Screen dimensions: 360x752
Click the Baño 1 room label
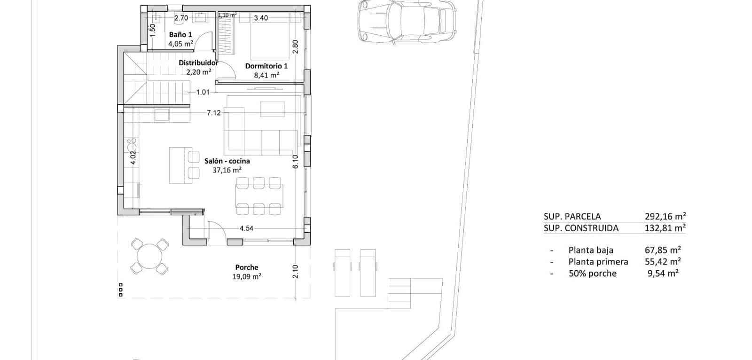coord(180,35)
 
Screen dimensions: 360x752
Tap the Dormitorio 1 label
coord(266,66)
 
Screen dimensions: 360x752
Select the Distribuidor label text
coord(198,63)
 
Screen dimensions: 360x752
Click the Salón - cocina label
coord(227,161)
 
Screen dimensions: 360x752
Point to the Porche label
coord(247,267)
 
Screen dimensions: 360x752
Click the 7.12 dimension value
coord(213,113)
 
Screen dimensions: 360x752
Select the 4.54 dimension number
coord(246,228)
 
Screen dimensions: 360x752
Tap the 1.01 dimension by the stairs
coord(203,92)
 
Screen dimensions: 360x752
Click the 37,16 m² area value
coord(227,170)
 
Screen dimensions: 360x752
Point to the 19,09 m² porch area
coord(247,277)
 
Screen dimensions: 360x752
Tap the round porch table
coord(149,256)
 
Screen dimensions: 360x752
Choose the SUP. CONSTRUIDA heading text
coord(581,228)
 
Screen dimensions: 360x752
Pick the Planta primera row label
coord(598,262)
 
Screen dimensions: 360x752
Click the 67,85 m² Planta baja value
coord(663,250)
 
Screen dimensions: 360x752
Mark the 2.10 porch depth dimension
coord(295,272)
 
